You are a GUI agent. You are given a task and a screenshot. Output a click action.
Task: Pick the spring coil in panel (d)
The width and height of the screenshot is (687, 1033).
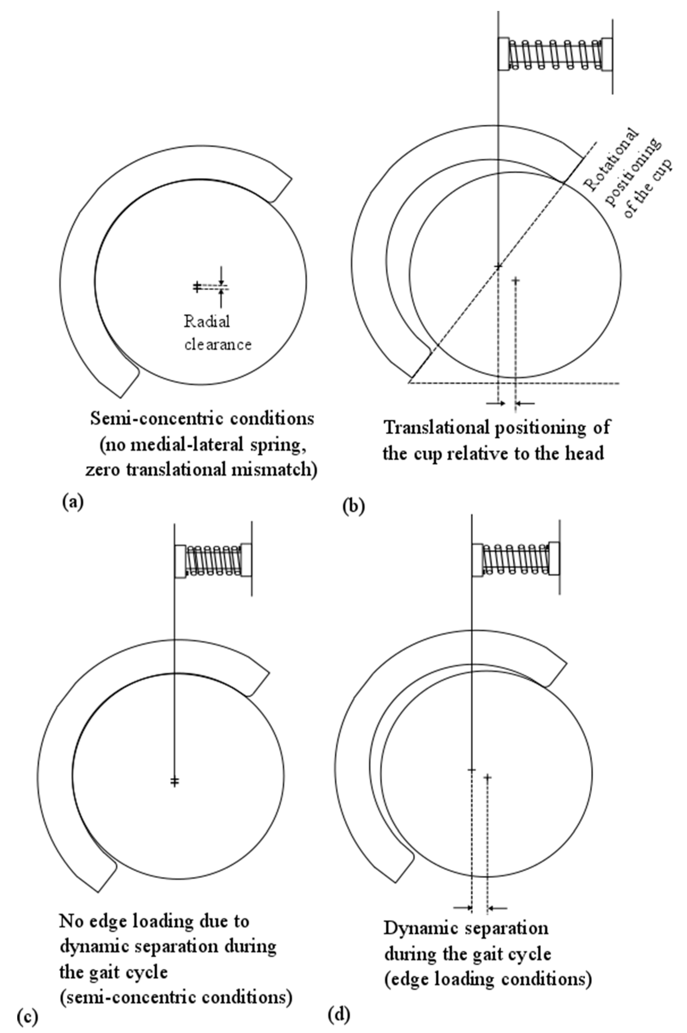[x=515, y=559]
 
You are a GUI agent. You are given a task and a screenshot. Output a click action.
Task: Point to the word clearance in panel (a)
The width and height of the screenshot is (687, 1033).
[x=218, y=345]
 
